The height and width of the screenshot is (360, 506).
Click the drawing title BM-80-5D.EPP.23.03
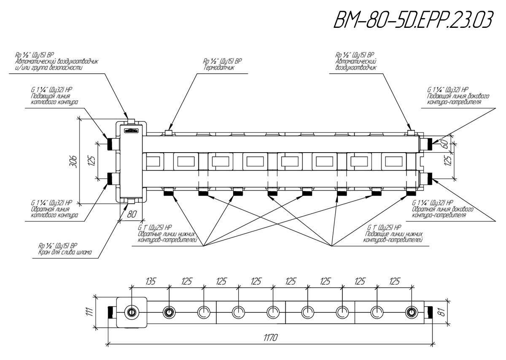pos(413,20)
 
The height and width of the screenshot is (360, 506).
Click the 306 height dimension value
pos(73,161)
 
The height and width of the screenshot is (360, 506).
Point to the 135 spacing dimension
pos(151,282)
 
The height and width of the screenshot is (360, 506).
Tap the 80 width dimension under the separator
pos(132,214)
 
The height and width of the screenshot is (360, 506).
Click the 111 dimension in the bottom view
pos(90,312)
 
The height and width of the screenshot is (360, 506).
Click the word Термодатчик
pos(219,68)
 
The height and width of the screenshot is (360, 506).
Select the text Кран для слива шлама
pos(65,252)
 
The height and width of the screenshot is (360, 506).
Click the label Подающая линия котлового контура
pos(54,99)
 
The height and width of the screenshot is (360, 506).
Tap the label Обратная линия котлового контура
pos(54,212)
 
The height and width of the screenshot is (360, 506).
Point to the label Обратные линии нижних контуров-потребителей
pos(167,237)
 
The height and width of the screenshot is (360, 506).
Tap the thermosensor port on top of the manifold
pos(169,133)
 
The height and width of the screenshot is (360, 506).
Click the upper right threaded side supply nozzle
pos(429,144)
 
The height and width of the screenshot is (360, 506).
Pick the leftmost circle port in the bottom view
pos(131,312)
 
